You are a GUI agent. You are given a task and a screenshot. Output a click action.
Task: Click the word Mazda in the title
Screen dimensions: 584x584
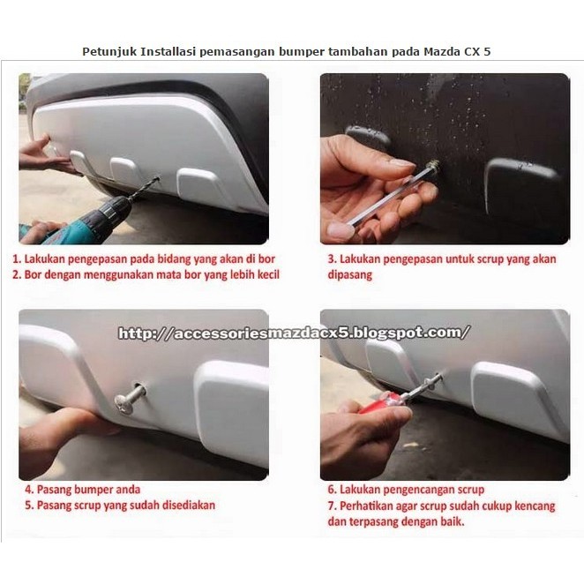pyautogui.click(x=442, y=51)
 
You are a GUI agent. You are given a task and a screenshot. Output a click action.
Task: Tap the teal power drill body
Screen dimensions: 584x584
pyautogui.click(x=86, y=221)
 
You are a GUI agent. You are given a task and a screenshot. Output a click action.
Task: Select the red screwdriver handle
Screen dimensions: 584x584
pyautogui.click(x=379, y=403)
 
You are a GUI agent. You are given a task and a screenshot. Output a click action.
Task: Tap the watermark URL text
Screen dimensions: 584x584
pyautogui.click(x=294, y=333)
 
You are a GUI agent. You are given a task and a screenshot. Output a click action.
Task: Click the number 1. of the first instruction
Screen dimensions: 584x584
pyautogui.click(x=17, y=258)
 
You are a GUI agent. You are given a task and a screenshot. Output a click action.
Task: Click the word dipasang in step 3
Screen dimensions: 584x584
pyautogui.click(x=349, y=275)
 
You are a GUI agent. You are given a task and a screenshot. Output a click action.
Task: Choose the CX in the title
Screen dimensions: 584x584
pyautogui.click(x=472, y=51)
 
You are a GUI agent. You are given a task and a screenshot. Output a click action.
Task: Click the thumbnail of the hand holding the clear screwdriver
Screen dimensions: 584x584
pyautogui.click(x=445, y=159)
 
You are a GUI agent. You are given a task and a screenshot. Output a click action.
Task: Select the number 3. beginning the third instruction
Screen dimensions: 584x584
pyautogui.click(x=332, y=258)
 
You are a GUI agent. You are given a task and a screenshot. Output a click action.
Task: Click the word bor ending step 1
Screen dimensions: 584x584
pyautogui.click(x=266, y=258)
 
